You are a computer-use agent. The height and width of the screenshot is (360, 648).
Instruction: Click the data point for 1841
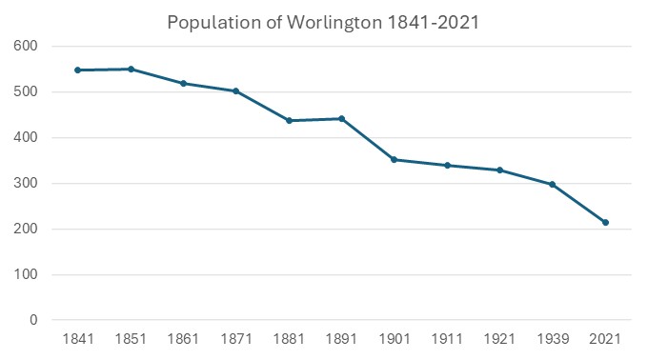tap(77, 70)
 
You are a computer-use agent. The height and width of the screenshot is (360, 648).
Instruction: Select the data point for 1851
tap(131, 69)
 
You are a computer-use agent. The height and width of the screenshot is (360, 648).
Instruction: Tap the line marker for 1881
tap(289, 120)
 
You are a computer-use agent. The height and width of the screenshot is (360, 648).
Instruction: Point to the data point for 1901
tap(394, 159)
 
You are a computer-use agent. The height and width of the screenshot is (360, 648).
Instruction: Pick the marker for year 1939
tap(552, 184)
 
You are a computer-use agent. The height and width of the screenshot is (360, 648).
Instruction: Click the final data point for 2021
tap(605, 222)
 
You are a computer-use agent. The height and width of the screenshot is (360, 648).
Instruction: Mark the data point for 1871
tap(235, 90)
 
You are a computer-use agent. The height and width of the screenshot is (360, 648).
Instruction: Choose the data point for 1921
tap(499, 170)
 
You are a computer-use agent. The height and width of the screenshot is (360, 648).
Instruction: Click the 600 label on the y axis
tap(25, 46)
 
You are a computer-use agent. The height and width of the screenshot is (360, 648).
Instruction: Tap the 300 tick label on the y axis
tap(25, 183)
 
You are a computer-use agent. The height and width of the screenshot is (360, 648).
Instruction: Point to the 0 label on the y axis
tap(31, 321)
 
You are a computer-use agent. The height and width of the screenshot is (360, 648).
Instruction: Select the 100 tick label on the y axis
tap(25, 275)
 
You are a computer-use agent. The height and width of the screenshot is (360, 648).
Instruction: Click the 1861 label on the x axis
tap(183, 340)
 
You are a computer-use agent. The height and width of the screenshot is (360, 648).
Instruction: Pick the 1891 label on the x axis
tap(341, 340)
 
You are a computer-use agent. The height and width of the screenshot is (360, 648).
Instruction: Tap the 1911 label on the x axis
tap(447, 340)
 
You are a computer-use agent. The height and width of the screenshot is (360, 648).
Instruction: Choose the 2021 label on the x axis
tap(605, 340)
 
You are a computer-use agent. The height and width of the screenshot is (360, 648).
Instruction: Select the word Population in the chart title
tap(212, 21)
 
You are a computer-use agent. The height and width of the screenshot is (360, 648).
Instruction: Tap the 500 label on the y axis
tap(25, 91)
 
